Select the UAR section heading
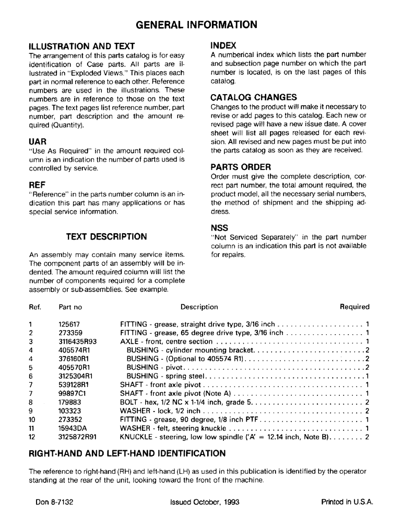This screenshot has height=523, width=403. [x=38, y=142]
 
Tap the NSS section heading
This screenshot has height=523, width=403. [x=220, y=228]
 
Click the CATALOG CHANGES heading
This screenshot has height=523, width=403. [x=254, y=97]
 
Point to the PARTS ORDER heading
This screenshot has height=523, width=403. [x=241, y=167]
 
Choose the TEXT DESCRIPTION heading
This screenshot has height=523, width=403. [x=106, y=236]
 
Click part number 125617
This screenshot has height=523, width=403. [x=69, y=324]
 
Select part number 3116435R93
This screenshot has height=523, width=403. [x=78, y=342]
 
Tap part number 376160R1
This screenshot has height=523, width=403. [x=75, y=359]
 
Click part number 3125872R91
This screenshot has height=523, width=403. [x=78, y=437]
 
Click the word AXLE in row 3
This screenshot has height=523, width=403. [x=129, y=342]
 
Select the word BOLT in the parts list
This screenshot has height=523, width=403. [x=129, y=402]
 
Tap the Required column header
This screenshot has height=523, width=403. [x=354, y=307]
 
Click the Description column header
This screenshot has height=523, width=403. [x=199, y=307]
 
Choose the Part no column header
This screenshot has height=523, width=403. [x=70, y=307]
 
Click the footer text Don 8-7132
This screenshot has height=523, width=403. [x=54, y=502]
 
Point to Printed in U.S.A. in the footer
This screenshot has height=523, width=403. [x=346, y=502]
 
